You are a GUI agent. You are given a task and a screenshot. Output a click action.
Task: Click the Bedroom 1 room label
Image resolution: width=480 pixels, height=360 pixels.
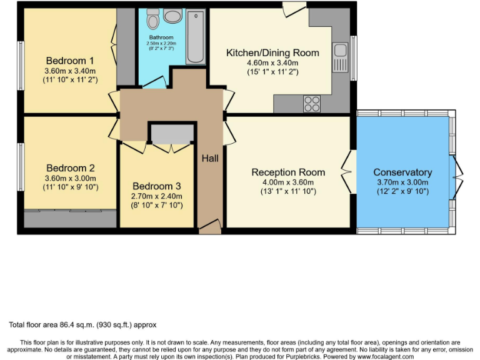pos(70,61)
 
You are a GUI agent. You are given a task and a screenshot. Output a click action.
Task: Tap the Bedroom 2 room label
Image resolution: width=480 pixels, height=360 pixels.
pos(70,168)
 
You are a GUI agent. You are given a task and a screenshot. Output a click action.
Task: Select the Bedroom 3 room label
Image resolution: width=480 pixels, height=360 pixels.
pos(157,186)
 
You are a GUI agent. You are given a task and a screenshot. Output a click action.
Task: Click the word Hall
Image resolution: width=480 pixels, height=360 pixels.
pos(210,159)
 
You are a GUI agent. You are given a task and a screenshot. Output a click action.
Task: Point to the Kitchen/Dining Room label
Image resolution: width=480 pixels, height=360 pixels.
pos(272,52)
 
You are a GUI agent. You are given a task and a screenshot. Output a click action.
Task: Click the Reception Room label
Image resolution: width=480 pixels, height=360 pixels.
pos(288,172)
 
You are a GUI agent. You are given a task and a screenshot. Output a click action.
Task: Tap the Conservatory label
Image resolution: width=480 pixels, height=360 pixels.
pos(402,172)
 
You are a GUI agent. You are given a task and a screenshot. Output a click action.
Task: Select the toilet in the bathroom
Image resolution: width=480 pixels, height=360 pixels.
pos(153,20)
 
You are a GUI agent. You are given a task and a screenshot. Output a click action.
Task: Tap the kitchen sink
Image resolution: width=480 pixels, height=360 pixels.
pos(341,57)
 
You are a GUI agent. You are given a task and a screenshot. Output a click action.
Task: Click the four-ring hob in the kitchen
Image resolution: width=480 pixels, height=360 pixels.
pos(312,103)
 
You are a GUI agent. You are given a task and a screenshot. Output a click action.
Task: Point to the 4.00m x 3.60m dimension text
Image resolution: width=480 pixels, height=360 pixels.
pos(288,182)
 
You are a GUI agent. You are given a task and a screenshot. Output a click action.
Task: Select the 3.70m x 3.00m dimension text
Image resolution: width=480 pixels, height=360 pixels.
pos(402,182)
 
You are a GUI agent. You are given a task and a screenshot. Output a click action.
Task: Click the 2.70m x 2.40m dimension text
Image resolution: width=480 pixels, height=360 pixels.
pos(157,196)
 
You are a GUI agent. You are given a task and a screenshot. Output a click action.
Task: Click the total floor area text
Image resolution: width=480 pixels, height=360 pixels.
pos(82,325)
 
